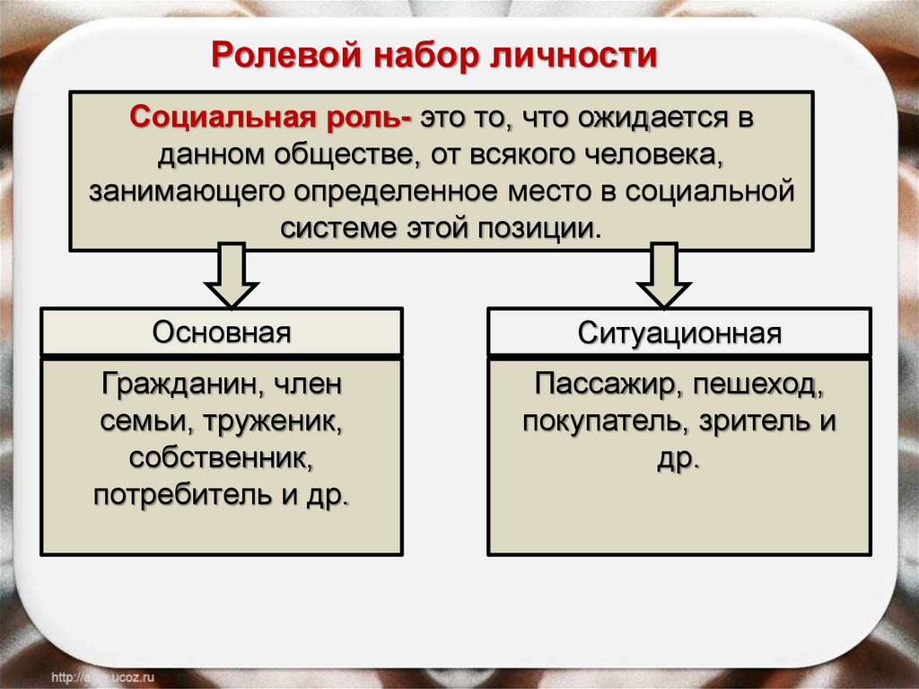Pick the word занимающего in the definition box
[x=185, y=190]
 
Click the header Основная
[x=222, y=332]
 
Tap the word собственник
[x=222, y=458]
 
